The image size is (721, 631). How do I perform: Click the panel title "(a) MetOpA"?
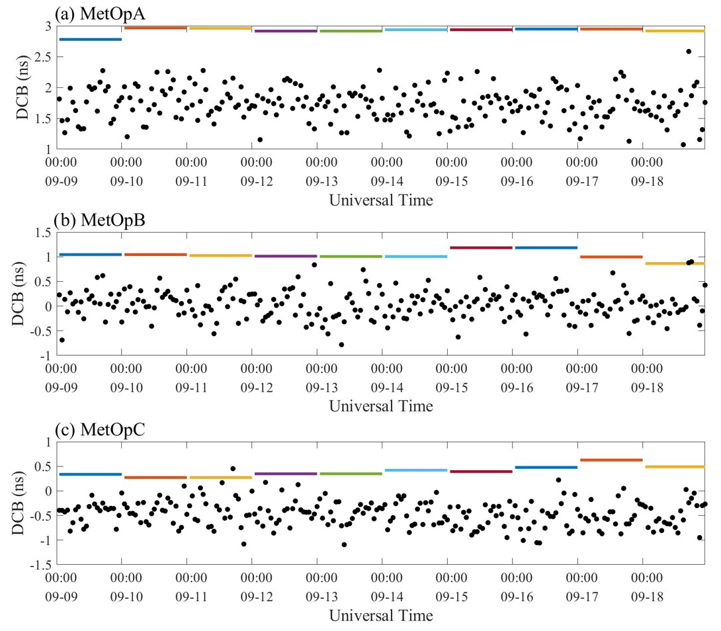point(97,13)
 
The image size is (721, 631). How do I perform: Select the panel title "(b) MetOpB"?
point(97,220)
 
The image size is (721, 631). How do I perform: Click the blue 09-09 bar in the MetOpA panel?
point(90,40)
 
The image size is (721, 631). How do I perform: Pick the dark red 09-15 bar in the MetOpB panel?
point(480,247)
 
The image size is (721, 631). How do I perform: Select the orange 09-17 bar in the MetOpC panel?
point(611,460)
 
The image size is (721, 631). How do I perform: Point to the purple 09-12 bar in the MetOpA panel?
point(285,31)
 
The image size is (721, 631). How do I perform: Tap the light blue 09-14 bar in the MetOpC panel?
point(415,470)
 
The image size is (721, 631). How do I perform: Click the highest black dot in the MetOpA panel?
point(689,51)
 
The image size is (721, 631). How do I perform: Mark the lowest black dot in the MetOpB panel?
point(341,345)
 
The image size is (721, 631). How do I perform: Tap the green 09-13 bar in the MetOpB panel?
point(350,257)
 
